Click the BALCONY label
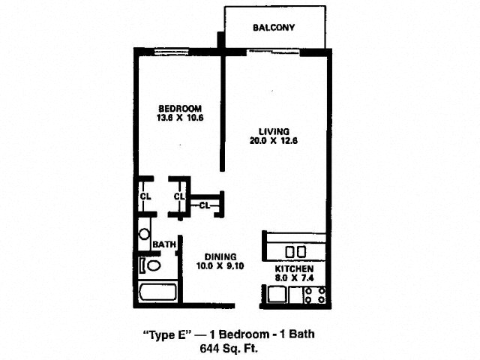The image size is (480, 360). (274, 28)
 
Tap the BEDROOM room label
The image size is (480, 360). (180, 108)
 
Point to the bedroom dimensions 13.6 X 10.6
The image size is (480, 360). (180, 118)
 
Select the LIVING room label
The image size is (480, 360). (274, 132)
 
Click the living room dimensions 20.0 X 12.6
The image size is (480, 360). (274, 141)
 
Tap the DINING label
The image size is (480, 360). (220, 256)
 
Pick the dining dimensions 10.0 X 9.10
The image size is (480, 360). (220, 266)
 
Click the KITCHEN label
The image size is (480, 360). (294, 269)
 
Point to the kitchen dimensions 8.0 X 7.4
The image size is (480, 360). (294, 278)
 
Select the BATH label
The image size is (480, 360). (164, 244)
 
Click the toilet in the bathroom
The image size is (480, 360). (150, 265)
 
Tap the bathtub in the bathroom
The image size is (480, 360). (157, 292)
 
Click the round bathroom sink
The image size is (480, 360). (144, 234)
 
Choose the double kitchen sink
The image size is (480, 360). (295, 252)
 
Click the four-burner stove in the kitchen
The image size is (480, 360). (315, 295)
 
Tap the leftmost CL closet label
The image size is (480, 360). (145, 196)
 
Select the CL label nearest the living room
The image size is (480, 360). (205, 205)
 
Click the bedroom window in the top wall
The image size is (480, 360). (172, 52)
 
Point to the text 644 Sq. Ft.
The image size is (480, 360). (229, 348)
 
